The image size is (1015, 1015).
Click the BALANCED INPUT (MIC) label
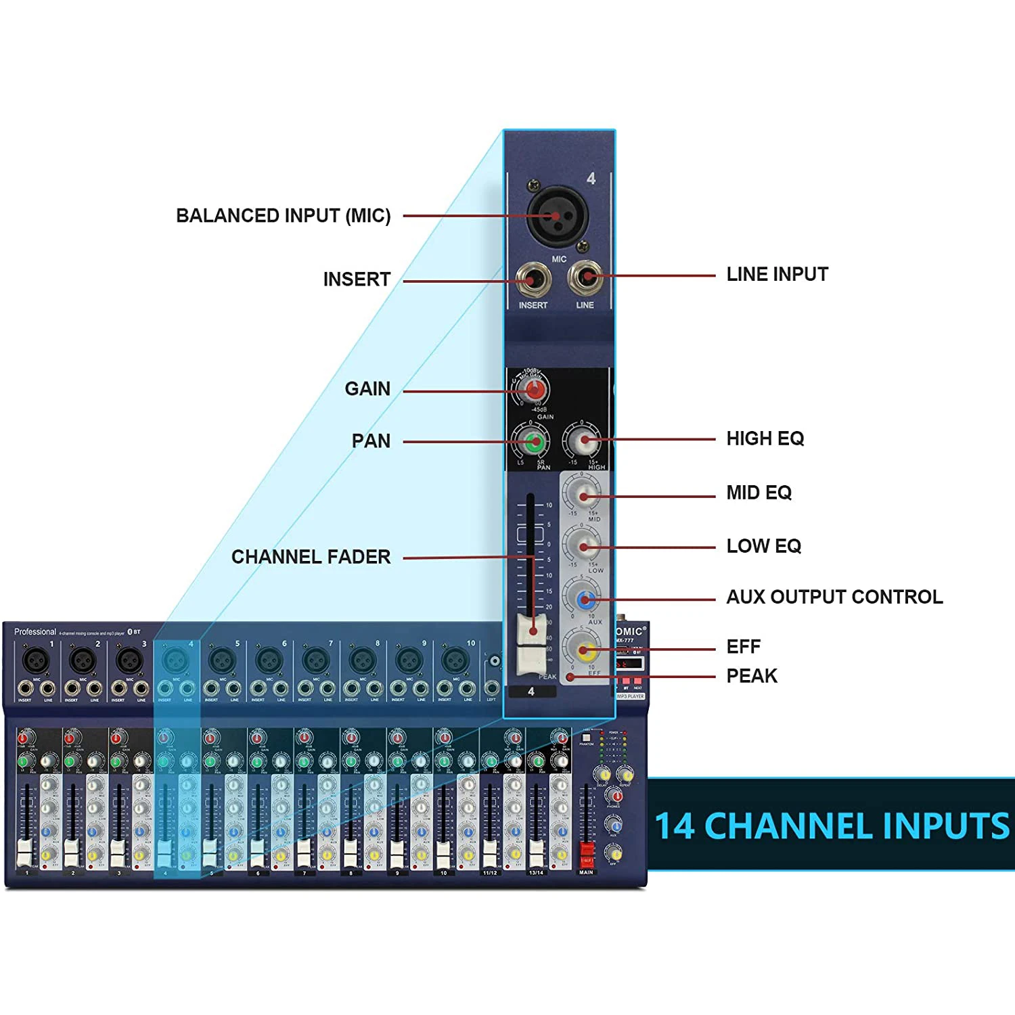click(283, 216)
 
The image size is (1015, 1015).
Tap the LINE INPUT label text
click(777, 275)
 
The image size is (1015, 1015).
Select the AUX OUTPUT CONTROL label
click(834, 597)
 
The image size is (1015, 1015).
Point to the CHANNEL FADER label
click(311, 557)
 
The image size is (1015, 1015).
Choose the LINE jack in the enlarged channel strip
click(585, 276)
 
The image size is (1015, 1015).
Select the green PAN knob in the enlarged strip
click(534, 443)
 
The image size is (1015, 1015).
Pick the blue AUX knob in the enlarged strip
click(585, 599)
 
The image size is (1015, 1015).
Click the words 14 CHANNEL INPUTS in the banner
click(832, 826)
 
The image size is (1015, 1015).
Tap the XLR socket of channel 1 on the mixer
click(36, 659)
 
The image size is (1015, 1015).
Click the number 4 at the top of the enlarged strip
click(591, 179)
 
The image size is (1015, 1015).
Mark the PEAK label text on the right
click(751, 676)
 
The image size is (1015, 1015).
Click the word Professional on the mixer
click(35, 632)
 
